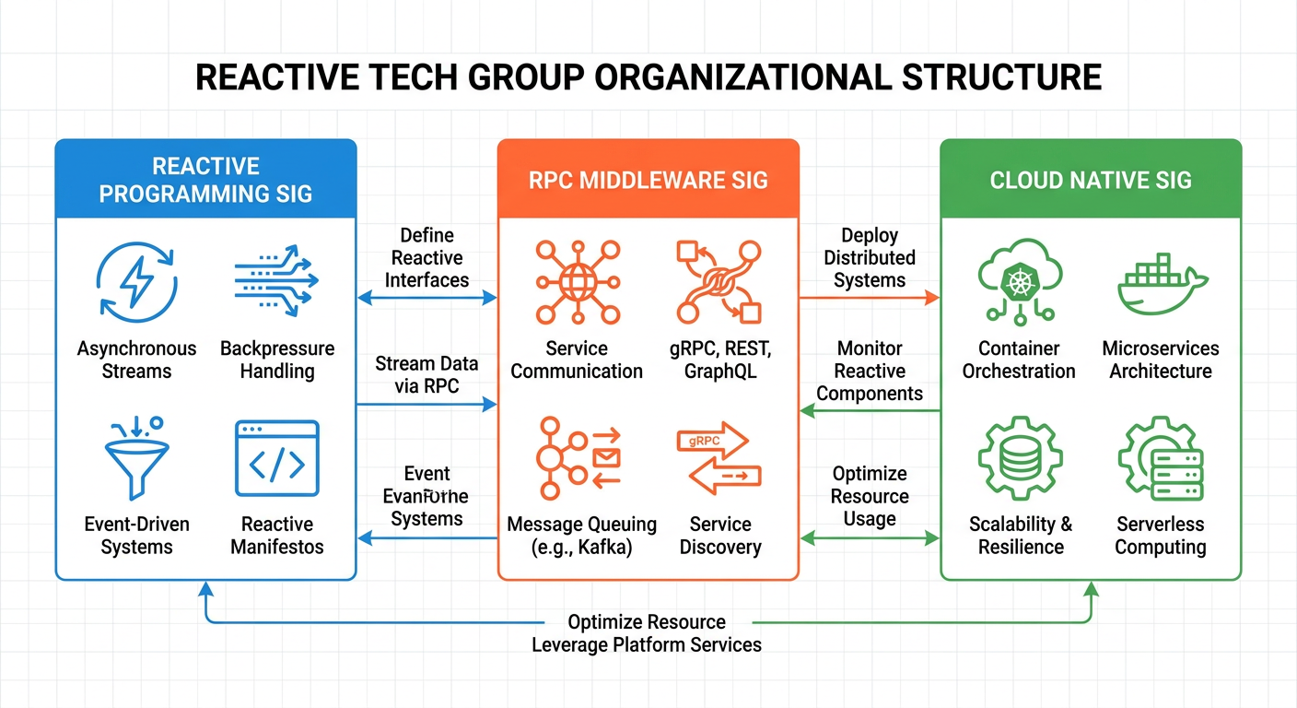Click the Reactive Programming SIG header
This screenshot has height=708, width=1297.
pos(205,180)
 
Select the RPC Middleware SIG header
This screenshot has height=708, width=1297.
pos(648,179)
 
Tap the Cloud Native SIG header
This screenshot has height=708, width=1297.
pos(1091,179)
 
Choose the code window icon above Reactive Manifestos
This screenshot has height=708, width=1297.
pos(277,458)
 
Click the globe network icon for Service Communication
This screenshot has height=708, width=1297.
pos(578,279)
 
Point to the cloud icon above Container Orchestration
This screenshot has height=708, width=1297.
pos(1018,277)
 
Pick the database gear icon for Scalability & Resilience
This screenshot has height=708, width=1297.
pos(1020,458)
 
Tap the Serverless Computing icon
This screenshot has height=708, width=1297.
pos(1161,458)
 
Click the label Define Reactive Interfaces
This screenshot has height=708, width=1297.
pos(426,258)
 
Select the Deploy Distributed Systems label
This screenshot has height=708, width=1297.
pos(870,258)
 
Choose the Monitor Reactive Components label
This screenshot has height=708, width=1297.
pos(870,371)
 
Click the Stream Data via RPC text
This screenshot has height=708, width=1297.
pos(426,375)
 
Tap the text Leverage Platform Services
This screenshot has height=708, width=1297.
pos(647,644)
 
